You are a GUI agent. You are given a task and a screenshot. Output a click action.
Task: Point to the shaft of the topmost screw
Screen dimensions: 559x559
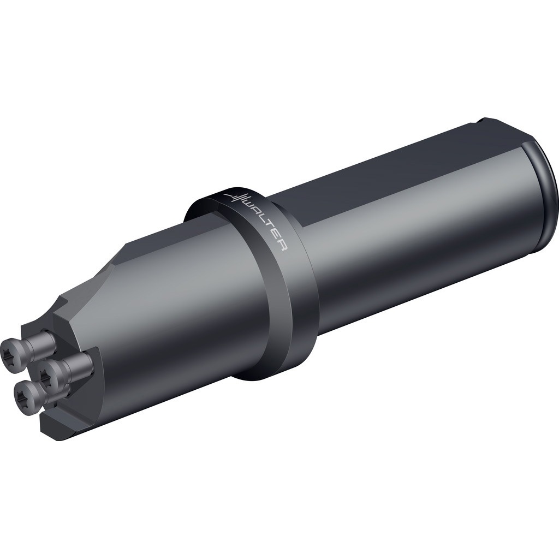(41, 342)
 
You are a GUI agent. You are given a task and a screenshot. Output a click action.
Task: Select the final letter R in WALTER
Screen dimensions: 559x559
(282, 246)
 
